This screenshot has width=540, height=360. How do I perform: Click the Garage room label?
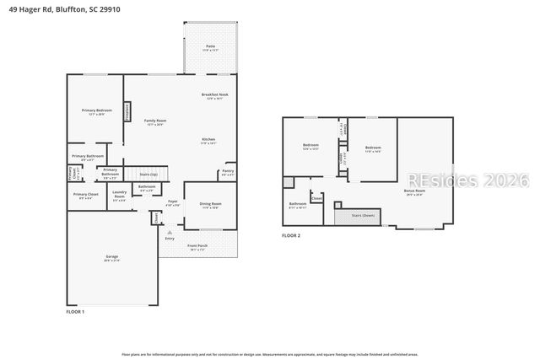click(x=112, y=256)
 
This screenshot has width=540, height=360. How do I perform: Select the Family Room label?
click(x=154, y=121)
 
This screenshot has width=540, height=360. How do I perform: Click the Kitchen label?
click(x=208, y=139)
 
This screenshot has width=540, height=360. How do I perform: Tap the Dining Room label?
click(x=211, y=204)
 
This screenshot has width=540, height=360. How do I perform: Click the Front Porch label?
click(x=197, y=246)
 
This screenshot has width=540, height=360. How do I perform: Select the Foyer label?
click(x=172, y=201)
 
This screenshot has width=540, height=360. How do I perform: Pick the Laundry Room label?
click(x=119, y=195)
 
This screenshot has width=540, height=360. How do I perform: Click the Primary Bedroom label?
click(x=96, y=111)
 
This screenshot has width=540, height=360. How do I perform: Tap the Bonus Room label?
click(x=415, y=191)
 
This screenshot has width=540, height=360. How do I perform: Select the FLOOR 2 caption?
click(x=291, y=235)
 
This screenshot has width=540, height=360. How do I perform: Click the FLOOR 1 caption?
click(x=75, y=312)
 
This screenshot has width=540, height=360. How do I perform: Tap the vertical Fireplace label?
click(x=127, y=110)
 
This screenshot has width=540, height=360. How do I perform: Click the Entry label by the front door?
click(x=170, y=239)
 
